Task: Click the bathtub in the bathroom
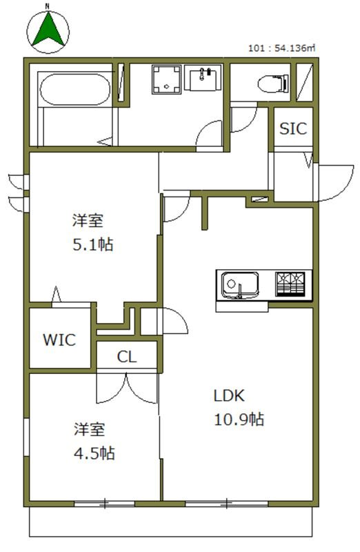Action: coord(72,90)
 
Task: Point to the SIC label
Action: coord(293,129)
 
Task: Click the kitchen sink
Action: coord(239,284)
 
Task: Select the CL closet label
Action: coord(126,357)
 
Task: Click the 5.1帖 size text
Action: coord(92,244)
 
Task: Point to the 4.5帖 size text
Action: coord(94,453)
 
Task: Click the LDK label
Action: coord(228,396)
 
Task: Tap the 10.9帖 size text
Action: coord(238,419)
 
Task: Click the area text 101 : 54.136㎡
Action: coord(281,48)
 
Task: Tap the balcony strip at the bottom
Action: coord(172,522)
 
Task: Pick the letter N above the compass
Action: coord(47,6)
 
